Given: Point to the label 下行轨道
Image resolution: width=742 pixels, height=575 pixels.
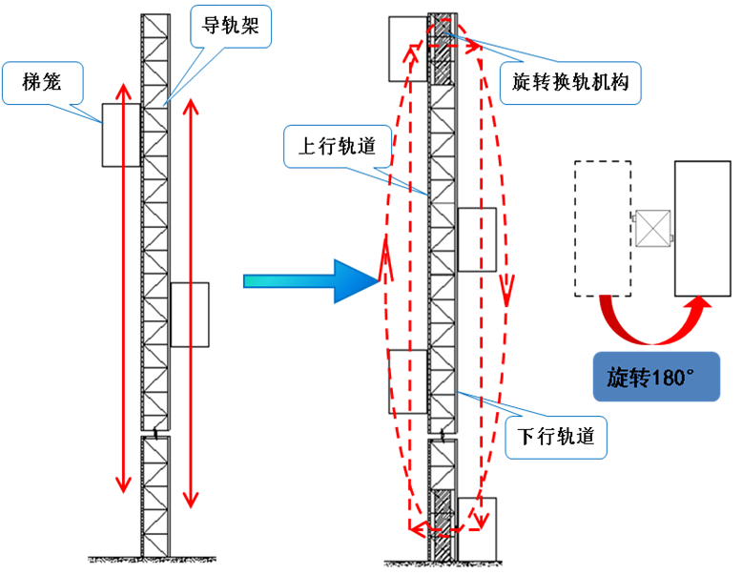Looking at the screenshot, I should pos(556,436).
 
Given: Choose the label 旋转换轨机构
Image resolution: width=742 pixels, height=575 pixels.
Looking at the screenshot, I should pos(570,84).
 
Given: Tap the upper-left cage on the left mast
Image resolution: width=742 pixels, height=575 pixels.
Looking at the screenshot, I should pos(121,135).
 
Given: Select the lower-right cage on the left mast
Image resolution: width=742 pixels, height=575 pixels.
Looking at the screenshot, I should pos(190,314).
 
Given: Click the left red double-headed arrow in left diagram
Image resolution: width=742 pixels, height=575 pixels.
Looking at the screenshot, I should pos(121,286).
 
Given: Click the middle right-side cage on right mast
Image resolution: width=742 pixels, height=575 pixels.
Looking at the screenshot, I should pos(477,239).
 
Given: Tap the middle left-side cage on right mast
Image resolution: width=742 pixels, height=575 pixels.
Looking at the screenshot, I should pos(408,381).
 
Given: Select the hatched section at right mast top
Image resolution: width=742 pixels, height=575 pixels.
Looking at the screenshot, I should pos(443,51).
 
